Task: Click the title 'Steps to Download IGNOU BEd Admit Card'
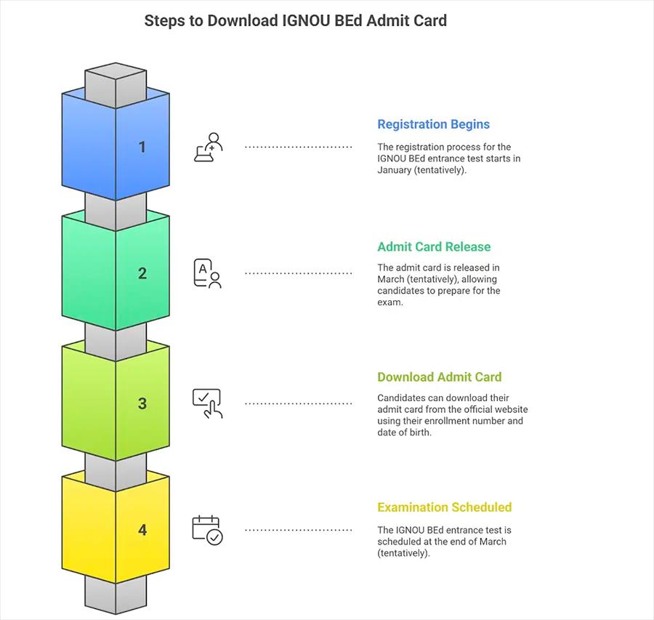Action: [295, 20]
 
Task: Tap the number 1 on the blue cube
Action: [142, 147]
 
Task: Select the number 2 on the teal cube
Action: [142, 273]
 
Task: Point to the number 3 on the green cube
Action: [142, 403]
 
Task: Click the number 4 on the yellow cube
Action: [142, 530]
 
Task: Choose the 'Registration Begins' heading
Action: [433, 124]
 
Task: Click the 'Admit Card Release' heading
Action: [434, 247]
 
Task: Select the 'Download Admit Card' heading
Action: [439, 377]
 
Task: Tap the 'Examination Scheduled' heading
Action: [444, 507]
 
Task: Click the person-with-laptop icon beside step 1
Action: [208, 147]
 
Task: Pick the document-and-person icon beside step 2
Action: [207, 273]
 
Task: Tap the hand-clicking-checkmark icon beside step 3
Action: [207, 403]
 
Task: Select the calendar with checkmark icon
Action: [207, 530]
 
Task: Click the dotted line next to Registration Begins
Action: [298, 147]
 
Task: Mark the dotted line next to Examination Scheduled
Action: [298, 530]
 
